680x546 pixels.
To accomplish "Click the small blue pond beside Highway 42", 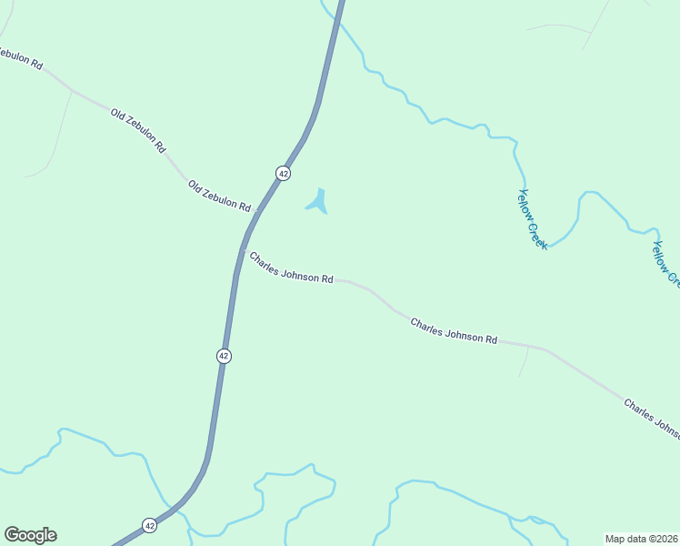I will [x=317, y=202].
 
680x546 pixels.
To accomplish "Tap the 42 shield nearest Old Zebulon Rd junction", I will [x=284, y=173].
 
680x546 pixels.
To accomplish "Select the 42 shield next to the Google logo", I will [x=149, y=525].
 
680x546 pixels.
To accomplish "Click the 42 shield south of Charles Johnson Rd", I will [x=224, y=356].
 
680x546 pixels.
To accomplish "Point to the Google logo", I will [x=30, y=535].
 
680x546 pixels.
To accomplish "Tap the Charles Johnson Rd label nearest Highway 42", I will [x=291, y=268].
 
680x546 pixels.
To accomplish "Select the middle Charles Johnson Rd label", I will [x=454, y=331].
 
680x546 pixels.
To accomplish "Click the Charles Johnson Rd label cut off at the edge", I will [x=651, y=417].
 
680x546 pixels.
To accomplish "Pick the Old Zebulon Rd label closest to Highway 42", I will [x=219, y=197].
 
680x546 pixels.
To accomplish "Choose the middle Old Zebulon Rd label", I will [x=138, y=129].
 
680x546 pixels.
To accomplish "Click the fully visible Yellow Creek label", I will [x=532, y=219].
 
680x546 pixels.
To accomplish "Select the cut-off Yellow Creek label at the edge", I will [x=665, y=263].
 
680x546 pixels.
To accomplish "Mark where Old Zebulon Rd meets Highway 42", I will [x=257, y=210].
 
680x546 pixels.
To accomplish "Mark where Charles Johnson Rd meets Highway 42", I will [x=242, y=248].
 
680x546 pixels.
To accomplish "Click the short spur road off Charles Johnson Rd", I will [x=525, y=362].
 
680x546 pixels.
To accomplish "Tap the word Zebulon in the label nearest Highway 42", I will [x=219, y=196].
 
